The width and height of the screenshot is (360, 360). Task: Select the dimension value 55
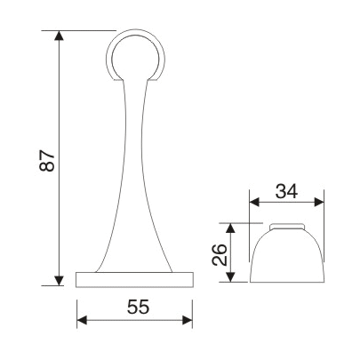(136, 308)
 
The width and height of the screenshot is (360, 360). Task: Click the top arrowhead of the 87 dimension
(60, 38)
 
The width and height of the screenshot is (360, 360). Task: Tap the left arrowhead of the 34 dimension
(252, 200)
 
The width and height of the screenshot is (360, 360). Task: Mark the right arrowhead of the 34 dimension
(317, 200)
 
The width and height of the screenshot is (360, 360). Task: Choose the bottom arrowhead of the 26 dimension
(232, 276)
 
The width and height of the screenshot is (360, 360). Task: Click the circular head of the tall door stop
(137, 55)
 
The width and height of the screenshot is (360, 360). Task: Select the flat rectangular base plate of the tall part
(135, 280)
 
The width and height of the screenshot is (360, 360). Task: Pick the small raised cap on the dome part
(285, 223)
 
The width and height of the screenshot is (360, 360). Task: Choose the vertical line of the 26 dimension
(232, 252)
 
